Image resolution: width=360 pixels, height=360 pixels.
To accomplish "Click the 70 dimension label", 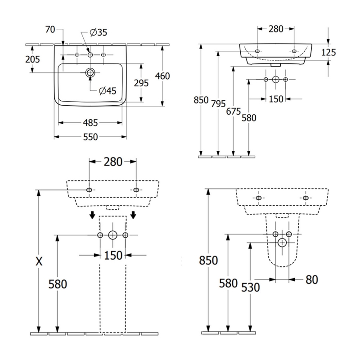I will pos(50,30).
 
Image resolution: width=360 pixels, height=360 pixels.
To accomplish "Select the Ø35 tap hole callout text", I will pos(98,32).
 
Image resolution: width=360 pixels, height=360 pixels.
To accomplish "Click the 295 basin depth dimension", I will pos(141,83).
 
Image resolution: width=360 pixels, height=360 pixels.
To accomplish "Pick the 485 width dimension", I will pos(90,122).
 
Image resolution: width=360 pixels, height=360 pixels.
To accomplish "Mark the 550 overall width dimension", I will pos(90,137).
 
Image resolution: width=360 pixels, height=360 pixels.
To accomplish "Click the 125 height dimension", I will pos(329,53).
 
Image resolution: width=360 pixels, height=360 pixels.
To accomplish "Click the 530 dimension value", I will pos(250,287).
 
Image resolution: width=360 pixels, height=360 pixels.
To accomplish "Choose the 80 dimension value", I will pos(311,279).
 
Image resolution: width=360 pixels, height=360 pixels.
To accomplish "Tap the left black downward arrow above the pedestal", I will pos(92,215).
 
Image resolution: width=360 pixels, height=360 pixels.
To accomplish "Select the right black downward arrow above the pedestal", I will pos(133,215).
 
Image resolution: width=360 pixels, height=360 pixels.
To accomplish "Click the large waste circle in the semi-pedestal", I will pos(282,243).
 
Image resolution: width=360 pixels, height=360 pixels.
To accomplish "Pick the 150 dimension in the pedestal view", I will pos(113,256).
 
